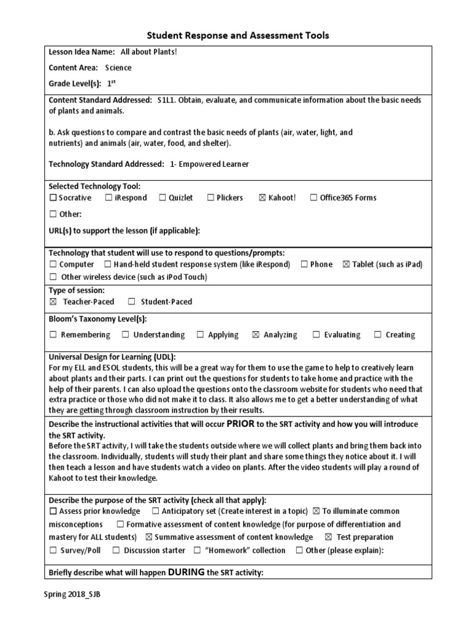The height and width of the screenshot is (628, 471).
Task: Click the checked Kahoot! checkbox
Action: (x=262, y=198)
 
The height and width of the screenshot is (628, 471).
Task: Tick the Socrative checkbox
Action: (x=53, y=198)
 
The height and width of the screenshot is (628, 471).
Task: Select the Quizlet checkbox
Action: (x=163, y=198)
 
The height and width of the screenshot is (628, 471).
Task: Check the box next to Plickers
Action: (x=210, y=198)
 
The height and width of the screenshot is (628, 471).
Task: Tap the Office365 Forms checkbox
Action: (x=313, y=198)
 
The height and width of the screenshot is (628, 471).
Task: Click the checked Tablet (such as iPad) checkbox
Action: (x=346, y=265)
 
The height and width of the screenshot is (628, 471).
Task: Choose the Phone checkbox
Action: (x=304, y=265)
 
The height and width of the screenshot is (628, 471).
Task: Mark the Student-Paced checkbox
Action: (x=132, y=302)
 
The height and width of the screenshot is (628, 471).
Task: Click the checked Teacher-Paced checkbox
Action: (x=53, y=302)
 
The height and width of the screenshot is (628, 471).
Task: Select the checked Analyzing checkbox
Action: (x=256, y=335)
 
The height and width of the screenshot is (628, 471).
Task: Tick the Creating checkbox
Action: (x=378, y=335)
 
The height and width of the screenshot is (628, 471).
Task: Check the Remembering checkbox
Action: (x=53, y=335)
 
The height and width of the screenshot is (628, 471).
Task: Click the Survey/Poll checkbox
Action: (x=53, y=551)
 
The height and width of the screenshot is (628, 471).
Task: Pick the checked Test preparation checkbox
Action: (x=328, y=537)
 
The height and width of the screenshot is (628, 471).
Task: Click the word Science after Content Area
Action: (x=118, y=68)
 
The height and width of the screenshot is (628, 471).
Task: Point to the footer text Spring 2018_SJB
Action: (x=72, y=595)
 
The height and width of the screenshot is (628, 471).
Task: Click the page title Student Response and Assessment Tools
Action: (x=237, y=36)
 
